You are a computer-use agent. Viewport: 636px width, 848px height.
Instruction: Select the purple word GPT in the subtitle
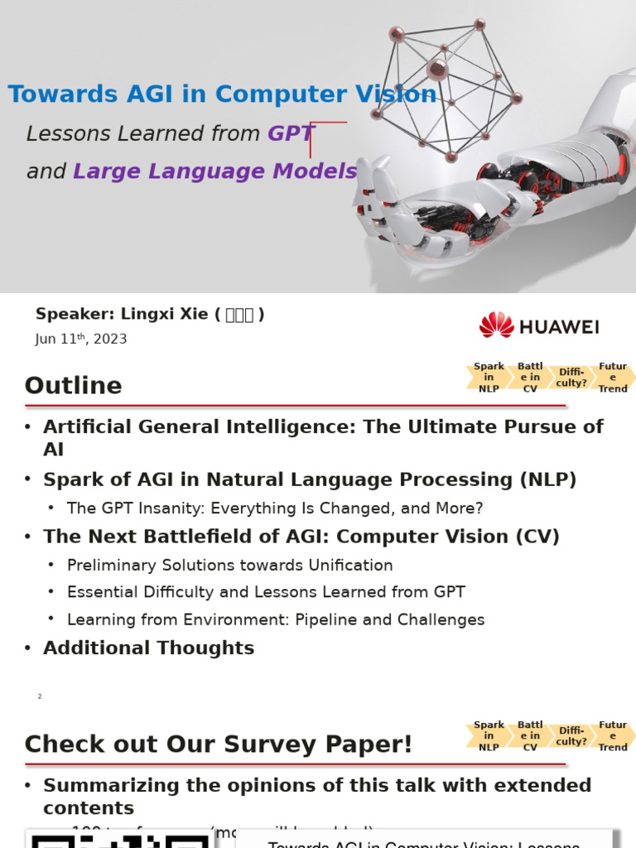[291, 133]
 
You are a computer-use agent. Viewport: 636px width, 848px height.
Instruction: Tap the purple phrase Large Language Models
[215, 171]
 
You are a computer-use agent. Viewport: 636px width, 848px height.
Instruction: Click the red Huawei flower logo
[496, 325]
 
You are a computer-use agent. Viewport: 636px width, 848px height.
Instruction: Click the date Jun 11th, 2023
[81, 339]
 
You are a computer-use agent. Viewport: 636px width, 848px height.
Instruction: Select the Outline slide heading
[73, 386]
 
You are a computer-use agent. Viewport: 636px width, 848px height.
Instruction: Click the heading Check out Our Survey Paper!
[218, 744]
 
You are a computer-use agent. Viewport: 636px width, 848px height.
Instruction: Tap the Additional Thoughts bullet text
[148, 648]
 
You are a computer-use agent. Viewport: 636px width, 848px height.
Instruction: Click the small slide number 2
[40, 696]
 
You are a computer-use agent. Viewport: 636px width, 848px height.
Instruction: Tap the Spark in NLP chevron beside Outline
[489, 378]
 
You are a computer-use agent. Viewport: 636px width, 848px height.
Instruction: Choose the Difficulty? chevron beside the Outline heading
[571, 378]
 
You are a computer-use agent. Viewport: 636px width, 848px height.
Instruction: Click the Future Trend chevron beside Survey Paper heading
[614, 736]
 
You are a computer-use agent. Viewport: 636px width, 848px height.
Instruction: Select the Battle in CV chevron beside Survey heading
[530, 736]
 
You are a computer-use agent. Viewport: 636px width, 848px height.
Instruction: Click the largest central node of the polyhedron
[437, 70]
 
